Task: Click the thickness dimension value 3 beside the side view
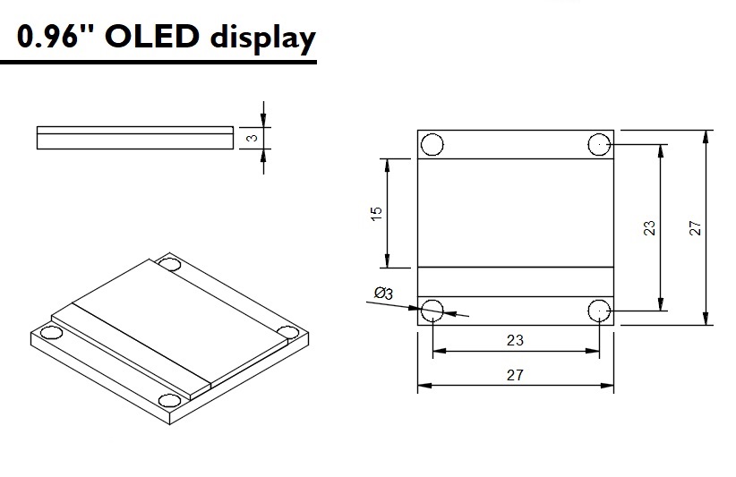point(253,138)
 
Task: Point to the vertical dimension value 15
point(376,213)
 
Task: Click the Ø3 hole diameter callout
point(383,294)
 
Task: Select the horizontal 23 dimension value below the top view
point(515,340)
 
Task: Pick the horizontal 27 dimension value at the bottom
point(515,375)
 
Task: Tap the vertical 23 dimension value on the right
point(650,227)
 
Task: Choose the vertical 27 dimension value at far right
point(696,227)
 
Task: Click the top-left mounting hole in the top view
point(432,144)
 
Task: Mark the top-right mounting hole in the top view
point(599,144)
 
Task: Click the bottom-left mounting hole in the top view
point(432,311)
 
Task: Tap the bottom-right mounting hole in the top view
point(599,311)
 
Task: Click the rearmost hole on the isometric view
point(171,264)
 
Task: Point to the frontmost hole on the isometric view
point(167,400)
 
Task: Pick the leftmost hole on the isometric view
point(52,333)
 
